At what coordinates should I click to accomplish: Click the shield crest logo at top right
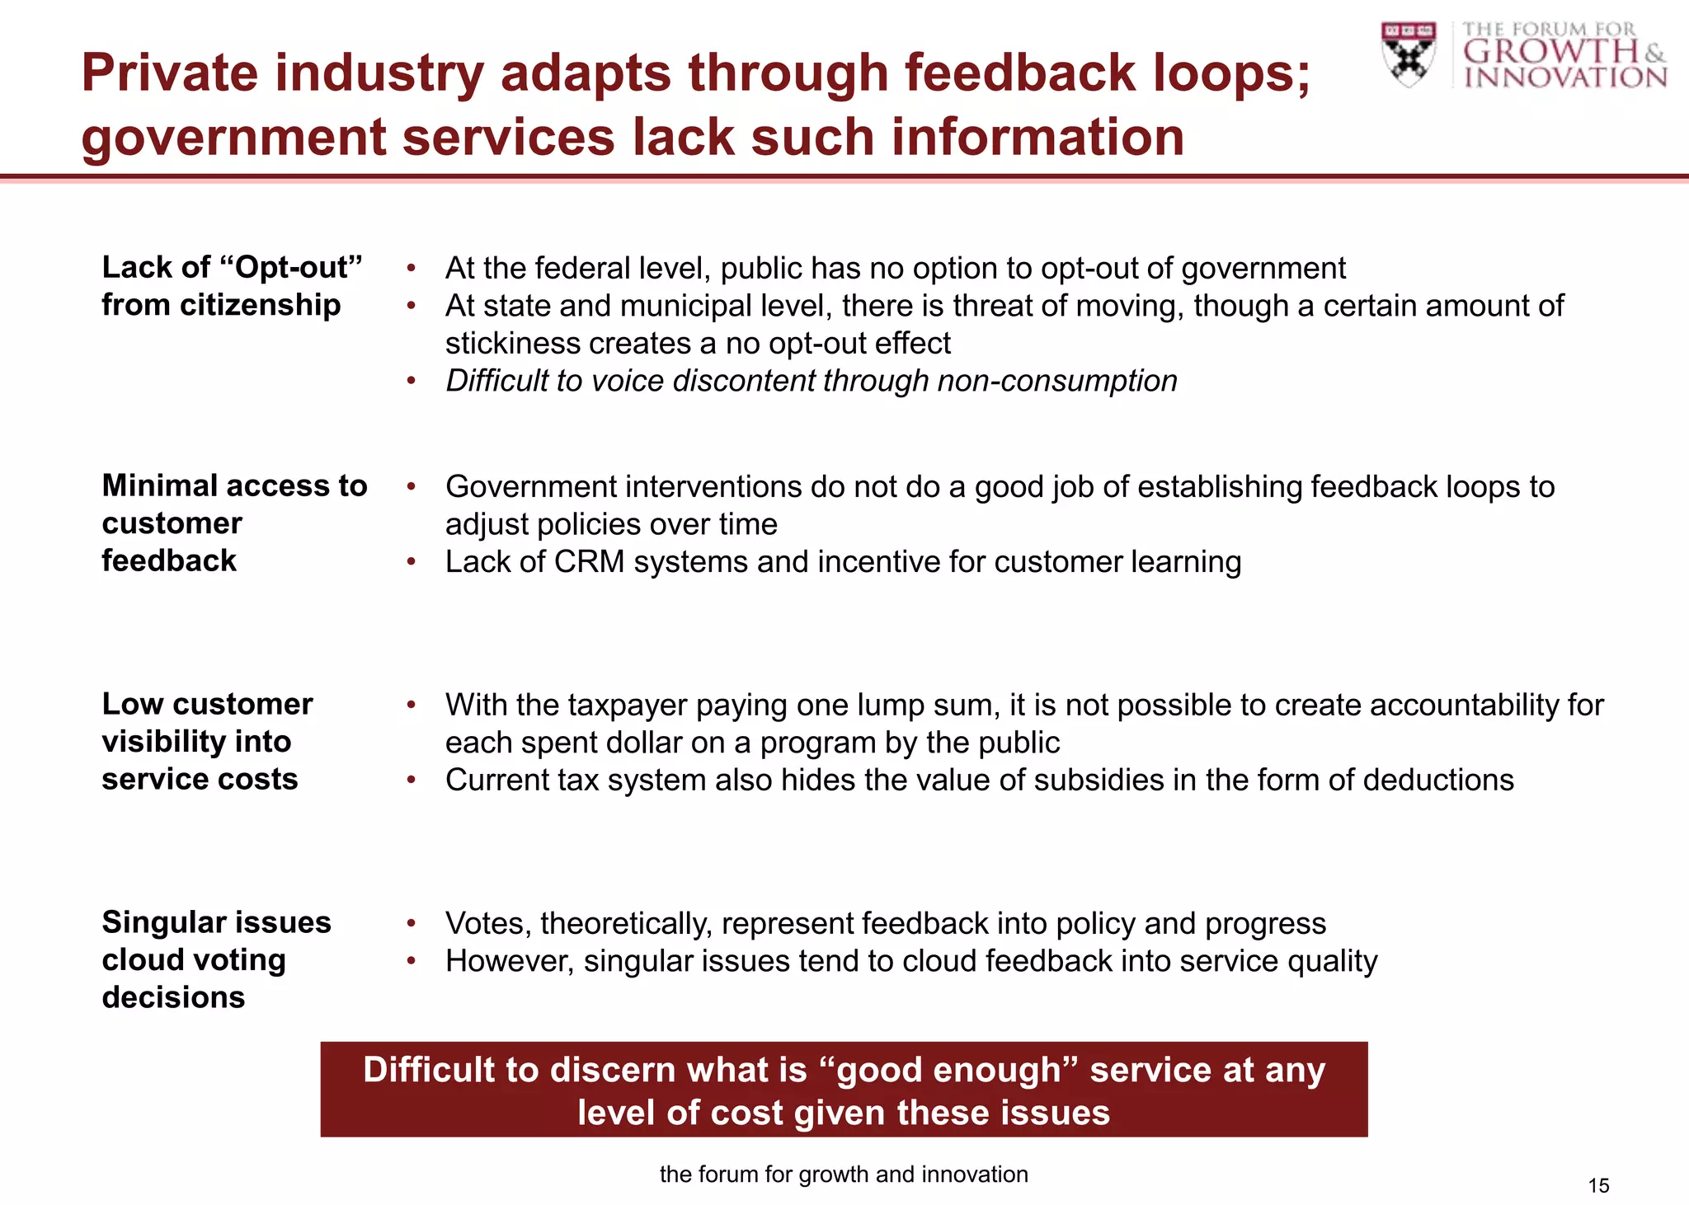click(1409, 54)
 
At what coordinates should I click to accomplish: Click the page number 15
click(1598, 1185)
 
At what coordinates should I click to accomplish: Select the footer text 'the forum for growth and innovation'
click(844, 1174)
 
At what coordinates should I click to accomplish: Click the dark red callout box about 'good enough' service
click(844, 1090)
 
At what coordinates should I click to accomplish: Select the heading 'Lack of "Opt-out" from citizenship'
click(232, 286)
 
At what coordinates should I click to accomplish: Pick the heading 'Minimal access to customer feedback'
click(234, 523)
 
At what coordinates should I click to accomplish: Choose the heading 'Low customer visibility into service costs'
click(207, 741)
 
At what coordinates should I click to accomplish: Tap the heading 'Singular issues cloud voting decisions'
click(216, 959)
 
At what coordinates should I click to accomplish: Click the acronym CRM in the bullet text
click(589, 562)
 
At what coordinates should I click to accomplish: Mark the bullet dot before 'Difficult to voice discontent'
click(411, 382)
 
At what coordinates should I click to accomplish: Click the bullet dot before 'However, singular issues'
click(411, 962)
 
